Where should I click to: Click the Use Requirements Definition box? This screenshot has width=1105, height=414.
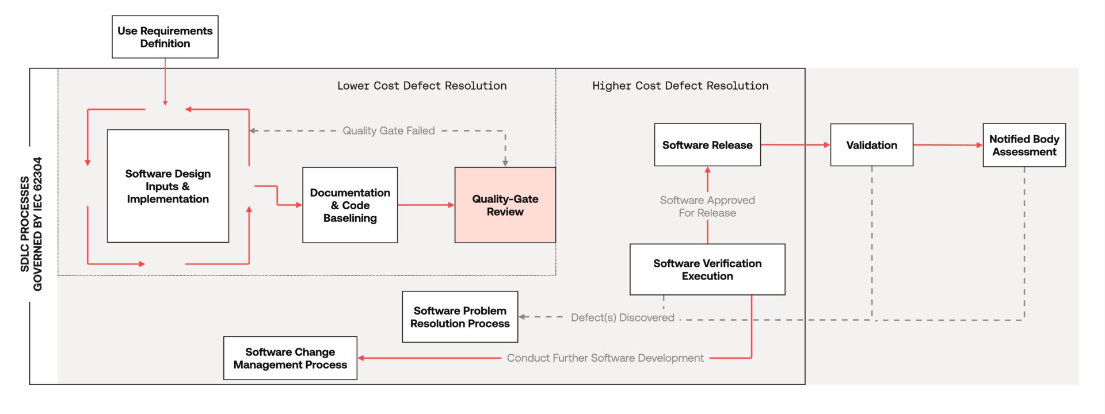click(x=165, y=37)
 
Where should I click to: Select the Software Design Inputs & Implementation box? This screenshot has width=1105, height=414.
click(x=168, y=186)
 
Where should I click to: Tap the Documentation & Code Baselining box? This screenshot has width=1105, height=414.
click(x=350, y=205)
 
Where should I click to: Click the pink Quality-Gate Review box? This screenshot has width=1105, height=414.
click(x=505, y=205)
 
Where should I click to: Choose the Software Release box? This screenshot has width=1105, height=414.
click(x=707, y=145)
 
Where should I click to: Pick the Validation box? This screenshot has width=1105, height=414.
click(x=871, y=145)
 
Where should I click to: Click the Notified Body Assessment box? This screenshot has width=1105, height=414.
click(x=1024, y=145)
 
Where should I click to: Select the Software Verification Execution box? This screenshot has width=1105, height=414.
click(x=707, y=269)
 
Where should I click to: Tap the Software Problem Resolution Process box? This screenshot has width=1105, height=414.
click(x=460, y=317)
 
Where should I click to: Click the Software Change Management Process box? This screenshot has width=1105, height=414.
click(x=290, y=358)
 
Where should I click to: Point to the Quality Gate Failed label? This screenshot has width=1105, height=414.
click(x=388, y=131)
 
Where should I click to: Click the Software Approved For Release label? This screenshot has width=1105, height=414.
click(x=707, y=206)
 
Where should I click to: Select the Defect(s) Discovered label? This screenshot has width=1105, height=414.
click(x=623, y=317)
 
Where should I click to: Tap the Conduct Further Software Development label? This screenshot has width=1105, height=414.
click(x=605, y=358)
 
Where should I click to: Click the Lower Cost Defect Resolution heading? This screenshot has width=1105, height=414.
click(x=422, y=86)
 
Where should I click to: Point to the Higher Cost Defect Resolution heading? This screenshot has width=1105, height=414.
click(x=680, y=86)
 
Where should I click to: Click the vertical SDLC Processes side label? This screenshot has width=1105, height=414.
click(x=31, y=224)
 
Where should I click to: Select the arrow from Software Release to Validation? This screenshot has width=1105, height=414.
click(x=795, y=145)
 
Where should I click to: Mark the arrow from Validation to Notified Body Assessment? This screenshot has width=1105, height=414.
click(x=948, y=145)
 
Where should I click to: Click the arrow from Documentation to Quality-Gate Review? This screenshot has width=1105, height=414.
click(x=426, y=205)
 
